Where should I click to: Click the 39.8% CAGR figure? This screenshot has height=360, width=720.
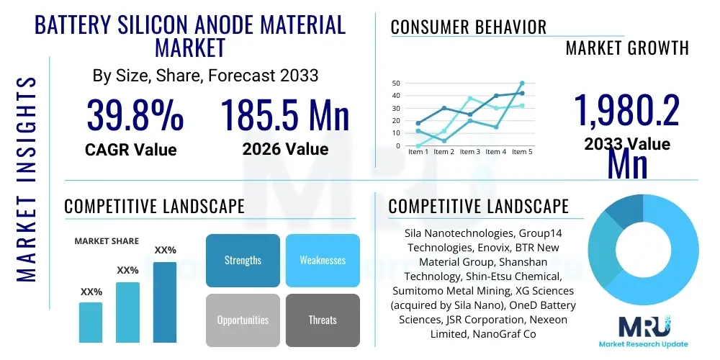(135, 115)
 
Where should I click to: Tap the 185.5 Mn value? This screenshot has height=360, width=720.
(284, 115)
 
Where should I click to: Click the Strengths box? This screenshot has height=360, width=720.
(243, 260)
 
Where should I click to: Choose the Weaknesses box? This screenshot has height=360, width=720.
(323, 260)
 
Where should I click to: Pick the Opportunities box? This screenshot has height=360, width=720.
(243, 320)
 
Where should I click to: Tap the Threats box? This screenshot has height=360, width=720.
(323, 320)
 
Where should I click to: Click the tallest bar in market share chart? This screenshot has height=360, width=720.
(165, 302)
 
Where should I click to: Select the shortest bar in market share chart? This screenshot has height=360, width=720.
(91, 322)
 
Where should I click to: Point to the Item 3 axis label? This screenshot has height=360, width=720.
(469, 152)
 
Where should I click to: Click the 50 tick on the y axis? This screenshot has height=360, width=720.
(395, 84)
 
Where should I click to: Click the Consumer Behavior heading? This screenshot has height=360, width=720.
(468, 27)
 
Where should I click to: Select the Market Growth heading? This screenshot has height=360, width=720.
(627, 48)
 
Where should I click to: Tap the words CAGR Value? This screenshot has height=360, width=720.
(131, 150)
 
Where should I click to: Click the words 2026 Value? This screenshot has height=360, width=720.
(285, 149)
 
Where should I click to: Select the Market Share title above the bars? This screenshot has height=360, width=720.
(107, 241)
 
